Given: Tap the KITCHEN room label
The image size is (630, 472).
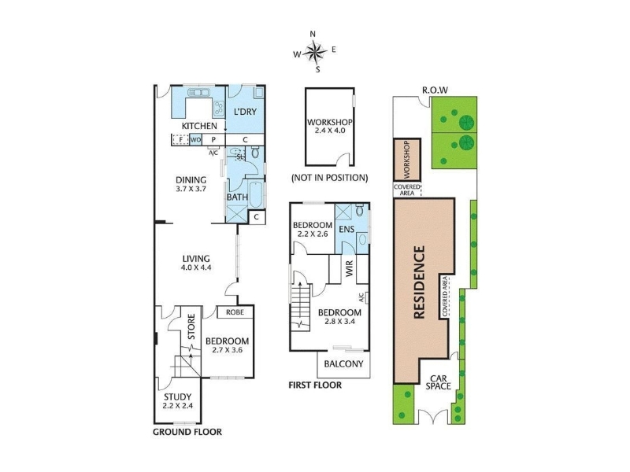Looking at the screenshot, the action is click(x=199, y=126).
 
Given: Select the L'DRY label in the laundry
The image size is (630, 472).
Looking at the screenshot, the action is click(x=245, y=112).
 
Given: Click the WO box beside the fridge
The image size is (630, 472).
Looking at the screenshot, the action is click(x=195, y=140).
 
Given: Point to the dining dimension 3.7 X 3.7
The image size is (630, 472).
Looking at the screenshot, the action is click(x=191, y=189).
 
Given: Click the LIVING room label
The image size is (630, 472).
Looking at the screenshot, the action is click(x=196, y=259).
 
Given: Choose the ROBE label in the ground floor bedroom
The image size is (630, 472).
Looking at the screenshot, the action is click(x=235, y=312).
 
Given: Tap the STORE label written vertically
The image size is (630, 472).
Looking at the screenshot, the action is click(x=191, y=326).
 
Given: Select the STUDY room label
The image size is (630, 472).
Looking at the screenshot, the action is click(x=178, y=397).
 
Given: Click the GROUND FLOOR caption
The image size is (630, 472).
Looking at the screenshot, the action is click(x=187, y=432).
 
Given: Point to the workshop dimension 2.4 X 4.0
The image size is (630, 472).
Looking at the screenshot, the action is click(x=329, y=131).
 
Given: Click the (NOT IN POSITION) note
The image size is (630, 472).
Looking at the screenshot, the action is click(x=329, y=178).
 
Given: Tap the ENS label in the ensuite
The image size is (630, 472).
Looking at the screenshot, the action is click(x=346, y=229).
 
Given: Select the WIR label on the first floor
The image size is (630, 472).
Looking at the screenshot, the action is click(x=349, y=268).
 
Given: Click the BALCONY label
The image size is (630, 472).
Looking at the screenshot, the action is click(x=343, y=364).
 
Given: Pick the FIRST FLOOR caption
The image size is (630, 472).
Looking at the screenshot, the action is click(x=315, y=385).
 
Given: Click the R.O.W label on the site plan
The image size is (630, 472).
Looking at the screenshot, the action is click(x=435, y=90).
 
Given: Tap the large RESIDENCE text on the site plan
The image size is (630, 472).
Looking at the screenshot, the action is click(x=419, y=282).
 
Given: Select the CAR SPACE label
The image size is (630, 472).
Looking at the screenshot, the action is click(x=439, y=382).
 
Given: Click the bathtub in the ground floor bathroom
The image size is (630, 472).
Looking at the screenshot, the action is click(x=255, y=194).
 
